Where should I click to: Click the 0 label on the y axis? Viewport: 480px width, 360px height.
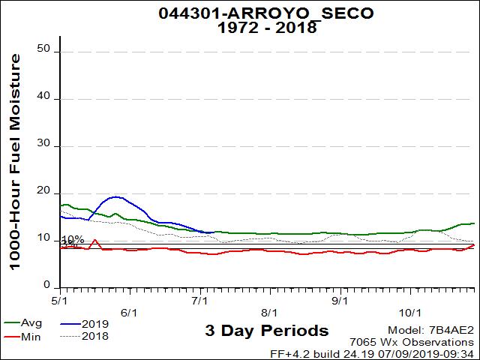[x=46, y=286]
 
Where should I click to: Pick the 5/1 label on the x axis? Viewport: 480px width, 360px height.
[x=61, y=298]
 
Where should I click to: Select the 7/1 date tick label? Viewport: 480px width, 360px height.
[x=200, y=298]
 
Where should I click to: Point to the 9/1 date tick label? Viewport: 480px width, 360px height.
[x=340, y=298]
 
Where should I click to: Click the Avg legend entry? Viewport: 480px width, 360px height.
[x=31, y=323]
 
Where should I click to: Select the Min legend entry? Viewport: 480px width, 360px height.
[x=31, y=336]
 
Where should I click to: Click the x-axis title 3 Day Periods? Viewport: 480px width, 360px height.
[x=266, y=330]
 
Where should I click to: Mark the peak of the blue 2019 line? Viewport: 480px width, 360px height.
[x=116, y=196]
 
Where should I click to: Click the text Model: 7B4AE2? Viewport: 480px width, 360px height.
[x=431, y=331]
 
